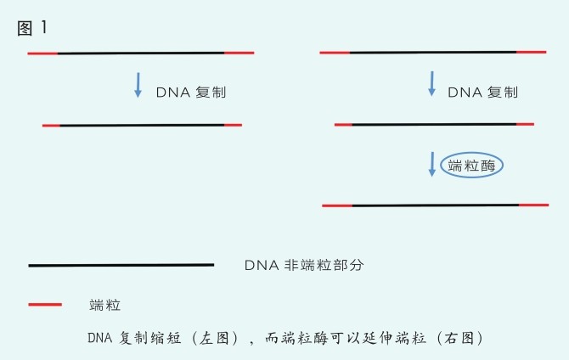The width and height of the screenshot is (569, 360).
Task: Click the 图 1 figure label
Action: [x=32, y=27]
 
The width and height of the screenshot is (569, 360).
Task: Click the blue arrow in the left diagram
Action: [x=138, y=85]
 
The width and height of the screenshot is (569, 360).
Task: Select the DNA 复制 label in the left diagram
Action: [x=191, y=92]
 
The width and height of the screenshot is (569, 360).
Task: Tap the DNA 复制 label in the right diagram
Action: [x=482, y=92]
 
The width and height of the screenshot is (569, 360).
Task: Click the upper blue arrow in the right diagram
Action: [x=431, y=83]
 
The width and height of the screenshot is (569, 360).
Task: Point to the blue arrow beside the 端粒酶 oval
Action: [x=431, y=164]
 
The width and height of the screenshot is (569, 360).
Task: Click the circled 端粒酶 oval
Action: [x=471, y=166]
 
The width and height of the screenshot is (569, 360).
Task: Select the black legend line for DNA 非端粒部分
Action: [x=121, y=265]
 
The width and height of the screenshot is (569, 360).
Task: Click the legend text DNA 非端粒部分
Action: [x=304, y=265]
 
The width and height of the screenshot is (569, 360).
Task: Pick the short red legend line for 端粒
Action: [x=45, y=303]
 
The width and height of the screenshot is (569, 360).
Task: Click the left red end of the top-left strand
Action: [x=42, y=53]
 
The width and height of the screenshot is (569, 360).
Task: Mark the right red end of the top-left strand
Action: [x=239, y=53]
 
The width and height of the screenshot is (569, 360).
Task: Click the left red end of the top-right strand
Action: [x=335, y=53]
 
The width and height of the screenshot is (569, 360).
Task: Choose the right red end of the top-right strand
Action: [x=531, y=53]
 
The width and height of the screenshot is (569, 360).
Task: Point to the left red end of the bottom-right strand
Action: [x=337, y=205]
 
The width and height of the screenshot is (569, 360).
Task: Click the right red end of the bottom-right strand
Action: [x=534, y=205]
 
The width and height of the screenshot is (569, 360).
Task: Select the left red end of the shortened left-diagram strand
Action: [x=51, y=125]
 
